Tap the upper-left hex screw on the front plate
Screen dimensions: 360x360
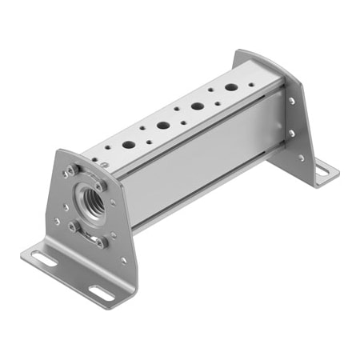[70, 170]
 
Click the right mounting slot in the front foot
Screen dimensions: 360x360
[102, 291]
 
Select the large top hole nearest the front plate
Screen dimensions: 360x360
[128, 146]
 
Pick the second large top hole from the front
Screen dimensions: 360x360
[162, 126]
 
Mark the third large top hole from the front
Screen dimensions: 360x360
[197, 106]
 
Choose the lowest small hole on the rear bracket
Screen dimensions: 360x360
[301, 158]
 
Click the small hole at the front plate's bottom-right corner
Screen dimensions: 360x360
[123, 260]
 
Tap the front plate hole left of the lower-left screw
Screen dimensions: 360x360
[57, 221]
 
